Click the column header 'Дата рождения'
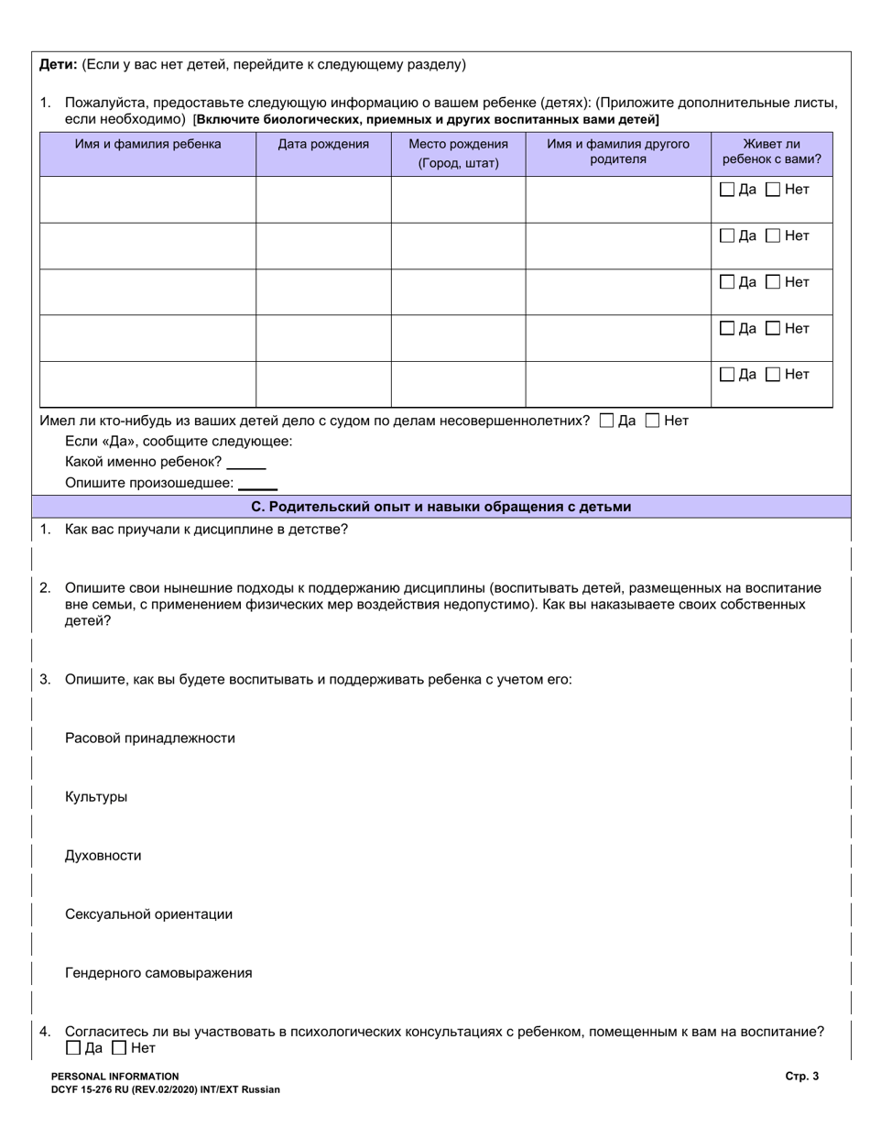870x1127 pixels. pos(323,144)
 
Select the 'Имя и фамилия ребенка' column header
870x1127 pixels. pos(147,144)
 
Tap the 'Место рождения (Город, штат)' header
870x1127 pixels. pos(458,153)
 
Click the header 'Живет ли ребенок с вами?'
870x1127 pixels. pos(771,151)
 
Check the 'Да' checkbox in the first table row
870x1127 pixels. pos(727,190)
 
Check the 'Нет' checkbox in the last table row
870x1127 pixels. pos(773,374)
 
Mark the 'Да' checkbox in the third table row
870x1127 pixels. pos(727,282)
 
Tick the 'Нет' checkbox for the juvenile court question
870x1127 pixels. pos(652,421)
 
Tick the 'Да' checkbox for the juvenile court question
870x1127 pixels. pos(606,421)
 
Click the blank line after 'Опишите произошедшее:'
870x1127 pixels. pos(257,484)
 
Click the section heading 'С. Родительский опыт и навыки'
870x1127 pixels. pos(440,507)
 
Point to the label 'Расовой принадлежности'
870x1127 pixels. pos(150,738)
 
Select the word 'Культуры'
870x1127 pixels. pos(96,796)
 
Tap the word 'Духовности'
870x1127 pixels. pos(103,855)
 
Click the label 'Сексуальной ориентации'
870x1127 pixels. pos(148,914)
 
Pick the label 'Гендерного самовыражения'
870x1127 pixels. pos(158,972)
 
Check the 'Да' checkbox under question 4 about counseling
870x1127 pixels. pos(73,1048)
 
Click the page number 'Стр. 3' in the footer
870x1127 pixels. pos(801,1077)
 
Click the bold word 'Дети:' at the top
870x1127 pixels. pos(59,64)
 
